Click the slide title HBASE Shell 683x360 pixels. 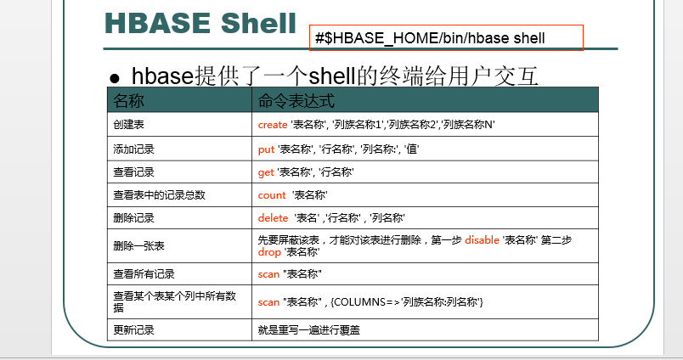click(x=200, y=24)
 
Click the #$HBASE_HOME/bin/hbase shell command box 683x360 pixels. click(x=446, y=38)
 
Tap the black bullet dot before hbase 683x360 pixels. click(x=115, y=78)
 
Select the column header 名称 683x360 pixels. click(x=128, y=101)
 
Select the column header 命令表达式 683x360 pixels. click(x=296, y=101)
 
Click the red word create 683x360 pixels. click(x=272, y=125)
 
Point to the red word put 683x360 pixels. click(x=266, y=149)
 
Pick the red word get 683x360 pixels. click(x=266, y=172)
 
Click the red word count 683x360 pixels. click(x=272, y=195)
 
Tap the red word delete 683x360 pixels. click(x=273, y=218)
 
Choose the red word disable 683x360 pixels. click(x=482, y=239)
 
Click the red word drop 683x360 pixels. click(x=269, y=252)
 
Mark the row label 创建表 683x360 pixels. click(x=128, y=125)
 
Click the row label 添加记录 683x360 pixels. click(x=133, y=149)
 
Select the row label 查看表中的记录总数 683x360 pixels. click(x=159, y=195)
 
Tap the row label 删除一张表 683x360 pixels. click(x=139, y=246)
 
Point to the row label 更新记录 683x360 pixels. click(x=133, y=330)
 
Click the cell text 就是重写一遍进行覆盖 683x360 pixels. click(x=309, y=330)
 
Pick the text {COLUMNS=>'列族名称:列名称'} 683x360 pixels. click(x=407, y=302)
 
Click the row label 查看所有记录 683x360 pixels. click(x=144, y=274)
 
